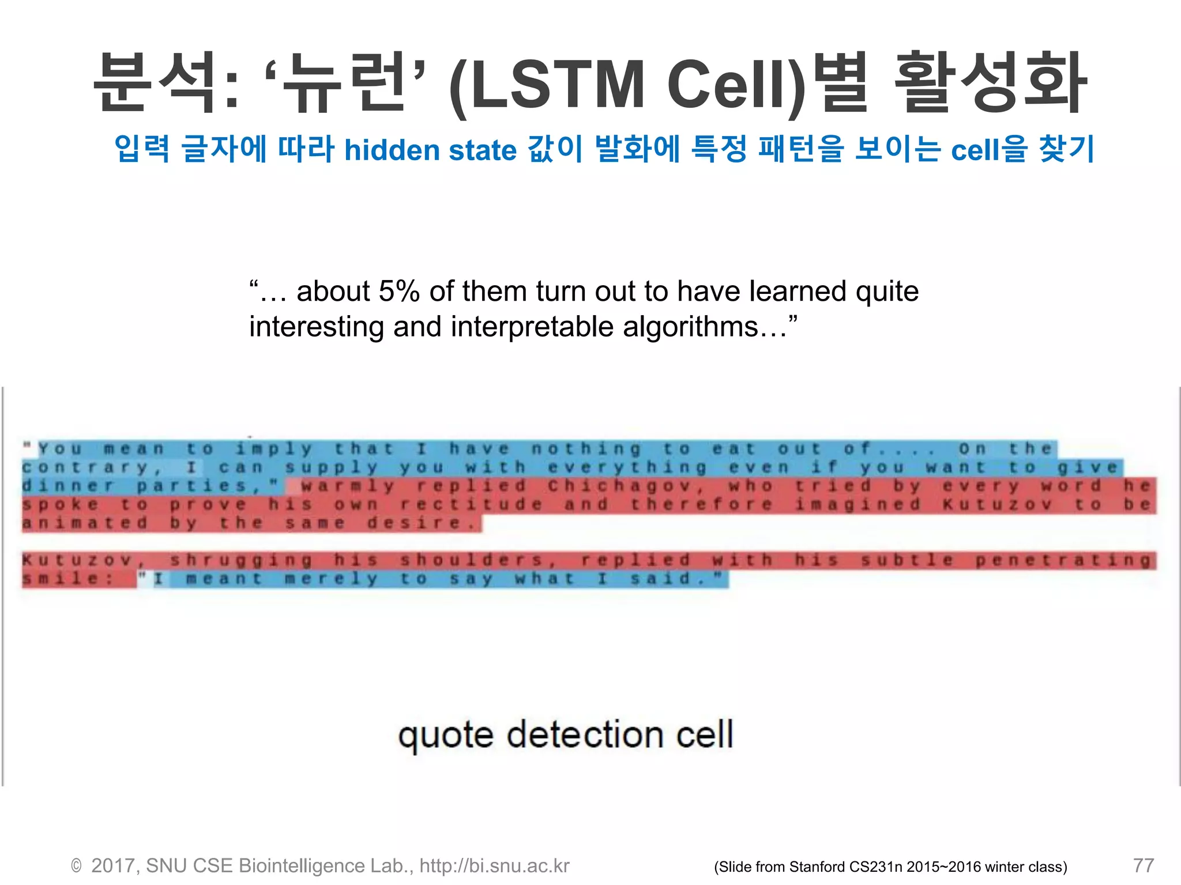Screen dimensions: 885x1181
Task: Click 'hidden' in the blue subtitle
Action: (392, 150)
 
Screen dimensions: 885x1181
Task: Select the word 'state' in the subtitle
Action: (482, 150)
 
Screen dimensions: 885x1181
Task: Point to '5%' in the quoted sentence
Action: (399, 292)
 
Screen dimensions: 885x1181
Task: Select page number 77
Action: (1143, 865)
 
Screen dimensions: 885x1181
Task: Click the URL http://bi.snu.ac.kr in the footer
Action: (494, 866)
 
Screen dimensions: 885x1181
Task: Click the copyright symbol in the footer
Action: (76, 867)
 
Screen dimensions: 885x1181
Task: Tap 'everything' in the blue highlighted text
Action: (627, 467)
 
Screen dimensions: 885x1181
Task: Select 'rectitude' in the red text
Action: (471, 505)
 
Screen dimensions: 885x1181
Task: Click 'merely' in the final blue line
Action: (331, 578)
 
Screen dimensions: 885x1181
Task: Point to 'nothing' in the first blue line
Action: (586, 449)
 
